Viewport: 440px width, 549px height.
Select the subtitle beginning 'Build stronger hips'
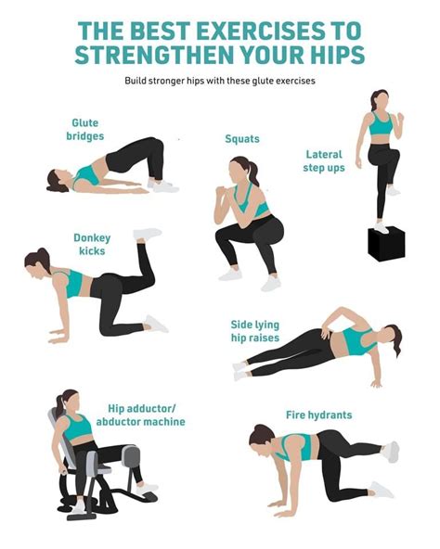[x=220, y=81]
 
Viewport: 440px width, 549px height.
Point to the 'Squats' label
[x=241, y=139]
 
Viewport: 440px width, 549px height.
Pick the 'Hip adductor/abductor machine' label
[x=146, y=415]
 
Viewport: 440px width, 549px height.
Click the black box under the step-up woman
[x=385, y=243]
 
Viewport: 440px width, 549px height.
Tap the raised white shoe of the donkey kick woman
[x=147, y=234]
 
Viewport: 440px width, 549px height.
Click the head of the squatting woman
[x=239, y=170]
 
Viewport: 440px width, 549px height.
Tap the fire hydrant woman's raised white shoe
[x=392, y=451]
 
